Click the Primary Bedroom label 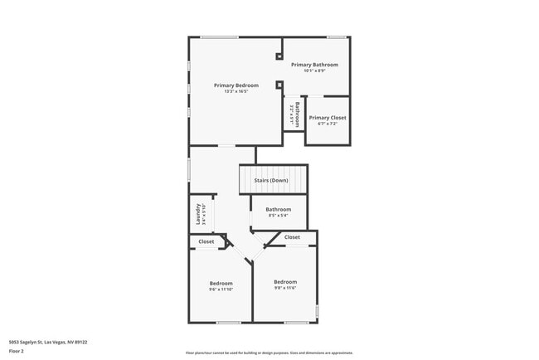[x=236, y=85]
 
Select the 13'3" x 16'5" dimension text [x=236, y=91]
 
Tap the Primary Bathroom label [x=314, y=64]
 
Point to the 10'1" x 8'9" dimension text [x=314, y=70]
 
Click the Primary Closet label [x=328, y=118]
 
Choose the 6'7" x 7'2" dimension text [x=328, y=124]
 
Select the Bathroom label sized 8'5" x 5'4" [x=279, y=209]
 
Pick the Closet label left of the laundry [x=206, y=241]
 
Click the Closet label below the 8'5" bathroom [x=293, y=237]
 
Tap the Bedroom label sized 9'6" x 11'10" [x=221, y=283]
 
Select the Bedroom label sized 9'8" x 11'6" [x=285, y=281]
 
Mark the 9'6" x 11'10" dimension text [x=221, y=289]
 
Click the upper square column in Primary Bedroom [x=279, y=56]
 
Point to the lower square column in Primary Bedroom [x=279, y=84]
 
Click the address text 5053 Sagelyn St [x=48, y=341]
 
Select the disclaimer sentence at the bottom [x=269, y=353]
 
